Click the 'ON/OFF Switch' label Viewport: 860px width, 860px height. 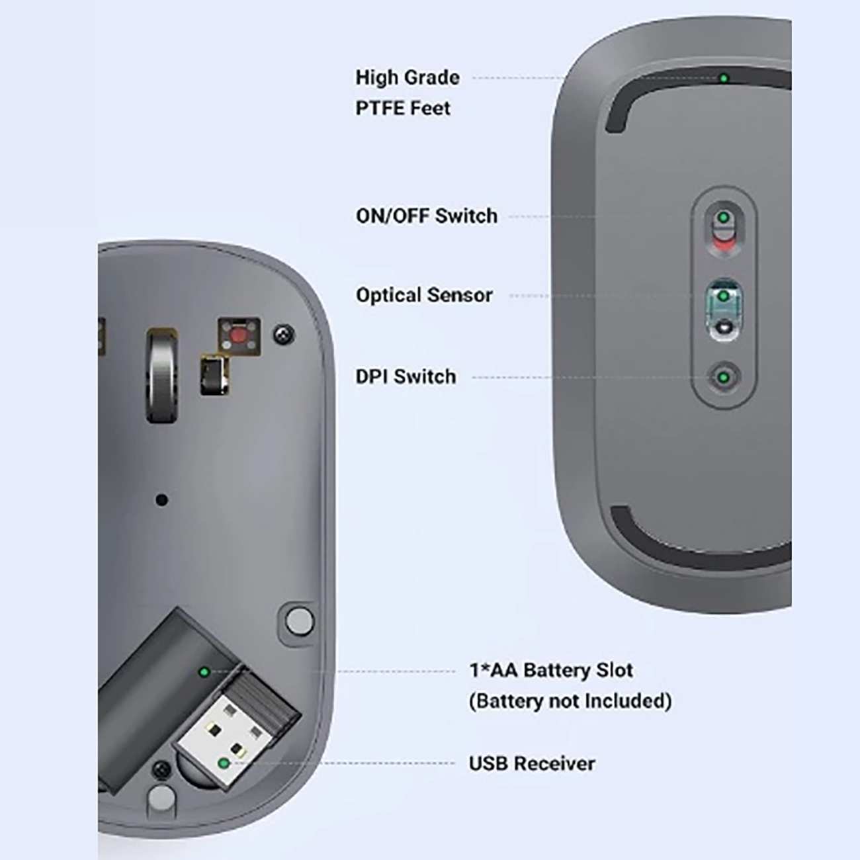[x=426, y=216]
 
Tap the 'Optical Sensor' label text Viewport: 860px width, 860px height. [x=424, y=295]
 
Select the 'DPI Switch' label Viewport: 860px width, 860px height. [x=406, y=376]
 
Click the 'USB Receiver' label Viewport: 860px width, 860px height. [x=531, y=763]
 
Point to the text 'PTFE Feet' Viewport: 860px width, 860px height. [x=403, y=108]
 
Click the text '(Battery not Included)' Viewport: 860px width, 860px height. [x=570, y=701]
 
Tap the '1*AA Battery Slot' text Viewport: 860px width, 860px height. [x=550, y=670]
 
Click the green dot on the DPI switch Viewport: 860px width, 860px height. [x=724, y=377]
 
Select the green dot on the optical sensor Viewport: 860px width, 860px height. [x=724, y=296]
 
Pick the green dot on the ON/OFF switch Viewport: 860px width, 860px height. [x=724, y=218]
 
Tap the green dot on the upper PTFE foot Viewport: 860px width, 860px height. [x=724, y=79]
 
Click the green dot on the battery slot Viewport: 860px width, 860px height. [x=204, y=671]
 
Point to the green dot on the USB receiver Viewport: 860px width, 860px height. [x=224, y=763]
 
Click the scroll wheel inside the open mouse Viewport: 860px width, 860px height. [x=162, y=376]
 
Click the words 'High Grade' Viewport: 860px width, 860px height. [x=408, y=77]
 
